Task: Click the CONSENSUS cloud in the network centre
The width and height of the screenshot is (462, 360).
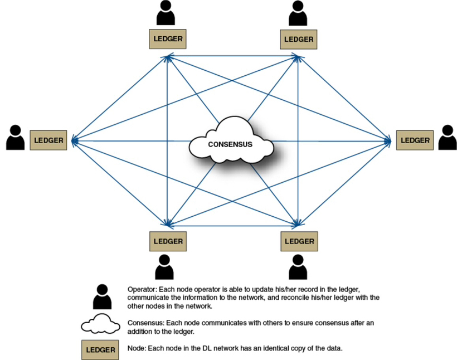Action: click(231, 144)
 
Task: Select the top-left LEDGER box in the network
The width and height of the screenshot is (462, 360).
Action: click(167, 38)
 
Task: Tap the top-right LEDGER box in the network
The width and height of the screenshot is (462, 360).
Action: click(299, 39)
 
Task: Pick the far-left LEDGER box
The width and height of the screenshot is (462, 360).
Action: click(48, 140)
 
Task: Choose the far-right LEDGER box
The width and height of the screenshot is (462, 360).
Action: click(415, 140)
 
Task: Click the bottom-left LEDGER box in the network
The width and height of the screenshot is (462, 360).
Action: click(167, 241)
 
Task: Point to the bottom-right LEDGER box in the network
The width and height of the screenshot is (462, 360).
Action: click(299, 241)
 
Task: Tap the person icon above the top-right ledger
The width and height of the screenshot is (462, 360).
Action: click(298, 13)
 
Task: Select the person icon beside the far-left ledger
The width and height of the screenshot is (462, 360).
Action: click(16, 138)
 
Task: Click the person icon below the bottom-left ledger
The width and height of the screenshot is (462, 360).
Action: click(165, 267)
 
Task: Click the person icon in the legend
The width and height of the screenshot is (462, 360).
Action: click(102, 296)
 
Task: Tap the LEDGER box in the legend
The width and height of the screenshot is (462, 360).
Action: click(100, 350)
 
